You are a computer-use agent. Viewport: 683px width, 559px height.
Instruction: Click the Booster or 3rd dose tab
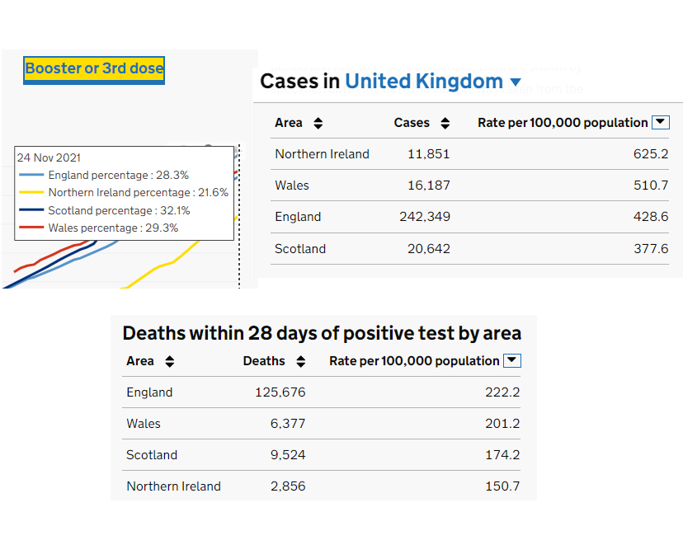pyautogui.click(x=94, y=68)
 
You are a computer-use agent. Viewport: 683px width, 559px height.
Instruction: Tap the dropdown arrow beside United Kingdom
pyautogui.click(x=516, y=82)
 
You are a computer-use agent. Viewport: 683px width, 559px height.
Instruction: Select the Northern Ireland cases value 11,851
pyautogui.click(x=428, y=154)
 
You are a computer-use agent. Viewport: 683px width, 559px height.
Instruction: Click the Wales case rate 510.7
pyautogui.click(x=651, y=186)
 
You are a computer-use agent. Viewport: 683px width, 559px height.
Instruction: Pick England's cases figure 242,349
pyautogui.click(x=422, y=217)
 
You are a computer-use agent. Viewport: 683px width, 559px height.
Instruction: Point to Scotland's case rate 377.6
pyautogui.click(x=651, y=248)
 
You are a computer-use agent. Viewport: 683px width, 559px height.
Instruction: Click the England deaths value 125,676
pyautogui.click(x=280, y=392)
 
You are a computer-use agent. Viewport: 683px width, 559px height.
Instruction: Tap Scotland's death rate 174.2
pyautogui.click(x=502, y=455)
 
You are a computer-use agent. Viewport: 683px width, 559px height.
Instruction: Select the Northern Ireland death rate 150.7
pyautogui.click(x=502, y=486)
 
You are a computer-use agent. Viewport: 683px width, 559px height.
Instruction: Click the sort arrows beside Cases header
pyautogui.click(x=445, y=124)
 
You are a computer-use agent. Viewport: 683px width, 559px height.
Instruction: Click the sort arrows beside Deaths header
pyautogui.click(x=301, y=361)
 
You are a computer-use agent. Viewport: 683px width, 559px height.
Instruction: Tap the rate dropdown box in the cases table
pyautogui.click(x=660, y=122)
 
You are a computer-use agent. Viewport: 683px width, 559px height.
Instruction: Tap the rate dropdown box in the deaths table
pyautogui.click(x=512, y=360)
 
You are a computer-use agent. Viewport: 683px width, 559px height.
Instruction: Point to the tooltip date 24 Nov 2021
pyautogui.click(x=49, y=157)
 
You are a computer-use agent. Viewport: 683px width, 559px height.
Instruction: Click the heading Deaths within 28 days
pyautogui.click(x=322, y=333)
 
